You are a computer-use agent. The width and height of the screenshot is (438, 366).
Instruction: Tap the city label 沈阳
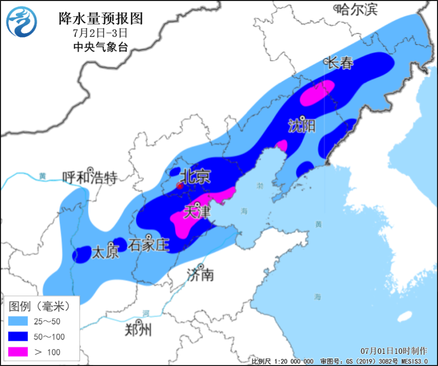(302, 126)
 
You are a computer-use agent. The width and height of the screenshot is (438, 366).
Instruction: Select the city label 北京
(196, 176)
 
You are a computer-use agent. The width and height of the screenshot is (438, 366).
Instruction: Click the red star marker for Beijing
(180, 186)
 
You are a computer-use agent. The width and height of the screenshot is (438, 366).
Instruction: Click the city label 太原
(105, 252)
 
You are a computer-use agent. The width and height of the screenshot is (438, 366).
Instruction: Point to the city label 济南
(201, 274)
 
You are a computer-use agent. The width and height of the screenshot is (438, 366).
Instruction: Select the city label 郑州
(139, 330)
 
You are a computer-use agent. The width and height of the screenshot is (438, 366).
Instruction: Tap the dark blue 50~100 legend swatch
(20, 336)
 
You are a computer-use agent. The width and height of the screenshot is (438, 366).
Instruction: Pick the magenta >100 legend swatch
(20, 351)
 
